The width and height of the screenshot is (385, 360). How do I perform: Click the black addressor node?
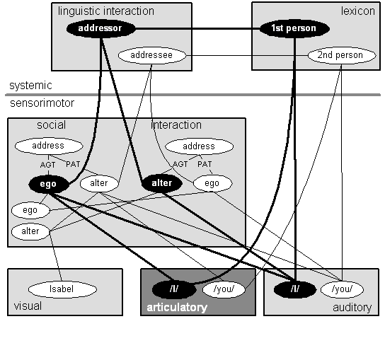(101, 28)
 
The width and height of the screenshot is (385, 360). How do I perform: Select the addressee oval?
(152, 55)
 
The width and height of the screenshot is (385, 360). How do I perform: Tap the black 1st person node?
(294, 28)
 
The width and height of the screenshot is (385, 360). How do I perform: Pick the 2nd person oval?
(342, 55)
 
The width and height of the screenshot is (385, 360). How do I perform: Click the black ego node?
(49, 184)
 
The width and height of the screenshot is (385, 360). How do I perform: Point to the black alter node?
(162, 184)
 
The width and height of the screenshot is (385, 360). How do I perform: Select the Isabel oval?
(62, 289)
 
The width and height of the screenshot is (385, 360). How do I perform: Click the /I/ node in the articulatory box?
(174, 289)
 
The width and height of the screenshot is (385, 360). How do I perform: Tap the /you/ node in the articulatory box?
(224, 289)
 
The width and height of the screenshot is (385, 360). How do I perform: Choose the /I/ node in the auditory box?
(295, 289)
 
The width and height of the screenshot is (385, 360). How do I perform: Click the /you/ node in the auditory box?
(342, 289)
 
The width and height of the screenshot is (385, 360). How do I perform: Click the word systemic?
(30, 86)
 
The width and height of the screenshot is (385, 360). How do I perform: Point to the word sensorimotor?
(42, 103)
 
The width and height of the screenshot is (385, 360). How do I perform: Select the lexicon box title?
(358, 11)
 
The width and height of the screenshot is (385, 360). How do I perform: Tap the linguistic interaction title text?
(106, 11)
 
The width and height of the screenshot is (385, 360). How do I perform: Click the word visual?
(28, 306)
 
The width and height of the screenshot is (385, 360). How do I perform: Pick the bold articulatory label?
(177, 308)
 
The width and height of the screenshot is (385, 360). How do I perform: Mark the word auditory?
(352, 308)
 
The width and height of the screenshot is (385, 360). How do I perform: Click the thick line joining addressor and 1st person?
(197, 29)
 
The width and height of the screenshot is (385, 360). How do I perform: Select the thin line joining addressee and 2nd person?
(247, 56)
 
